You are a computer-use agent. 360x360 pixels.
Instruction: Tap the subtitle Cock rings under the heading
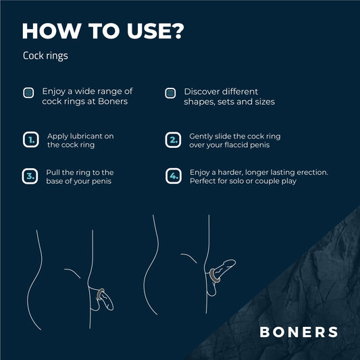tap(45, 56)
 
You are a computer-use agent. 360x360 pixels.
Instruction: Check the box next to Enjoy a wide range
tap(29, 93)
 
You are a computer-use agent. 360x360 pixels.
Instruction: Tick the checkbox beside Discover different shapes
tap(171, 93)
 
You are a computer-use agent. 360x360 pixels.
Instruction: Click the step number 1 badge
tap(30, 140)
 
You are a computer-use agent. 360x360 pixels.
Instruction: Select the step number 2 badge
tap(173, 140)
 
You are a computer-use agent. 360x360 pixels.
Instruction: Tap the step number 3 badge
tap(30, 176)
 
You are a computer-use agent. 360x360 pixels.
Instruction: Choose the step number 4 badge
tap(173, 176)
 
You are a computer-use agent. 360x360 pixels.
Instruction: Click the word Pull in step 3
tap(53, 172)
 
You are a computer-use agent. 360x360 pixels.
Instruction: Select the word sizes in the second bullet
tap(263, 101)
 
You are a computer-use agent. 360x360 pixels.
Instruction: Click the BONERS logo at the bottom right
tap(299, 332)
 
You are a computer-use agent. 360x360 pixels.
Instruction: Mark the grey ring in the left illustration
tap(101, 294)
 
